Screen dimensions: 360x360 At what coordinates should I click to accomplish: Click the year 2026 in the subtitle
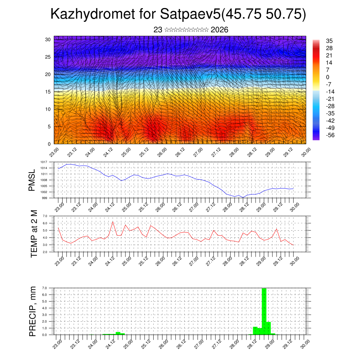coord(219,30)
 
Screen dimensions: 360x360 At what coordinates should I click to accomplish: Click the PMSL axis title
coord(32,180)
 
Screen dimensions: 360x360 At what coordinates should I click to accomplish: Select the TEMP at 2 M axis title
coord(34,234)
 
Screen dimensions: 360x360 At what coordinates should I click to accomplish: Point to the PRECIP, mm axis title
coord(33,311)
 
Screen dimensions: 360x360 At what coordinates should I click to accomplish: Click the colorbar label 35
coord(329,41)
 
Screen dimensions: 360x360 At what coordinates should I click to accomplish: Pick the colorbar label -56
coord(331,135)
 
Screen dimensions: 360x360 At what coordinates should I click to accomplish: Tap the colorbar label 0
coord(328,77)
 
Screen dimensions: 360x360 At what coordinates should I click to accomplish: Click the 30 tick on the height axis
coord(47,39)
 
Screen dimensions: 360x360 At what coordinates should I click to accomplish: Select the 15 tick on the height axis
coord(47,92)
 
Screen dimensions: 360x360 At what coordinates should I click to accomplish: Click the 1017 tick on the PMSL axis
coord(44,162)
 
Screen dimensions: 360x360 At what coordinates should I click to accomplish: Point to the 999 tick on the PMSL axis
coord(45,198)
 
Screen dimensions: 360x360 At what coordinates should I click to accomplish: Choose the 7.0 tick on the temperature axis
coord(45,216)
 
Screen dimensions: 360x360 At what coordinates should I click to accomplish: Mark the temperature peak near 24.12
coord(113,222)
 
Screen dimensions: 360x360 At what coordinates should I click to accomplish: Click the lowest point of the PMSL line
coord(243,197)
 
